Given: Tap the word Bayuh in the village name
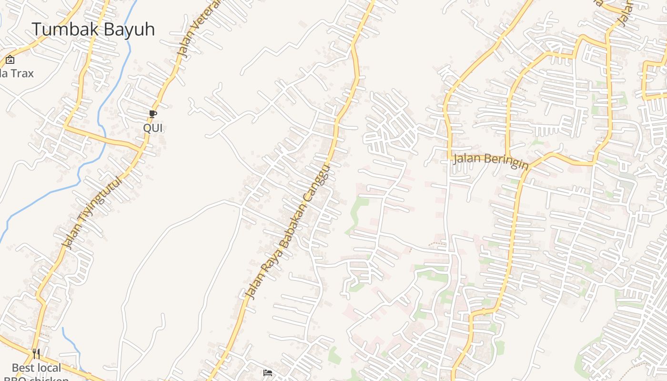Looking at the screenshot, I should (129, 30).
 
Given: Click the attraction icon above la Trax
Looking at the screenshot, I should (10, 60).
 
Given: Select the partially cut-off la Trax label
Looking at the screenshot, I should (17, 73).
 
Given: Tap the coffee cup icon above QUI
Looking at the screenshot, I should (152, 114).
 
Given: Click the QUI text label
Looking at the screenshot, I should (153, 128).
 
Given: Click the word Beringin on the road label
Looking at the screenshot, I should (506, 161).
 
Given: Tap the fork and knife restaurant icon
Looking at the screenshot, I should (36, 353).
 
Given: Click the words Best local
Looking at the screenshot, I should (37, 368).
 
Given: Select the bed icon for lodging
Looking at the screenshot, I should (268, 372).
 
